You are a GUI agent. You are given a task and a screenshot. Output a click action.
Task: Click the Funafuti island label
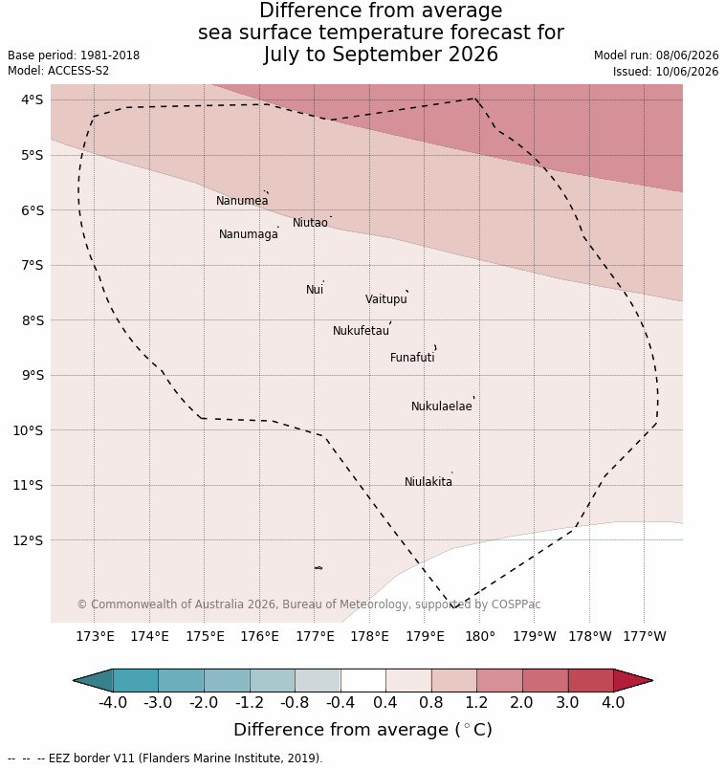coord(412,358)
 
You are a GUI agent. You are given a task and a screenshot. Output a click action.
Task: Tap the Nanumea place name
coord(242,201)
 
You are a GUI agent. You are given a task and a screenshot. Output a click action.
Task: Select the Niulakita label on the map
coord(428,482)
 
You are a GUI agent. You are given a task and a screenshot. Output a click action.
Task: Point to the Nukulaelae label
coord(442,406)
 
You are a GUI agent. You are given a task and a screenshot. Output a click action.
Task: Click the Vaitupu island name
coord(386,299)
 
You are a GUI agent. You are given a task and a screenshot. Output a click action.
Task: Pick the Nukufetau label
coord(361,331)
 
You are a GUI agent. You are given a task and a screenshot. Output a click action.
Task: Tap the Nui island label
coord(315,290)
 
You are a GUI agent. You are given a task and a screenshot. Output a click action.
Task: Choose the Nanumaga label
coord(249,234)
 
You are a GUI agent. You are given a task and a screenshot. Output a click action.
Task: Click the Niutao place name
coord(310,223)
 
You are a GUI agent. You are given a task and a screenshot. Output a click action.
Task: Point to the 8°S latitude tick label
coord(33,320)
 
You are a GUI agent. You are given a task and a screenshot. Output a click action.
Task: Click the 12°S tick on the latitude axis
coord(29,540)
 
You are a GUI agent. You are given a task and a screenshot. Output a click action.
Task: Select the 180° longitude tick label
coord(480,637)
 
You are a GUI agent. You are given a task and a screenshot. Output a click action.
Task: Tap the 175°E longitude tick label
coord(205,637)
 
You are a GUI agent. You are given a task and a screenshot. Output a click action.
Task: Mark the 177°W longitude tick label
coord(645,637)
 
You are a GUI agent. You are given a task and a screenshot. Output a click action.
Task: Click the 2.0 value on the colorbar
coord(521,703)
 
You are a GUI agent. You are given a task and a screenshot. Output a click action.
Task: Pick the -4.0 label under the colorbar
coord(113,703)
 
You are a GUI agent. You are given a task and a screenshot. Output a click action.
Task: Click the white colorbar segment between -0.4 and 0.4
coord(363,681)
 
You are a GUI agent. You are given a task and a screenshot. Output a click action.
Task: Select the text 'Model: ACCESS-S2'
coord(58,71)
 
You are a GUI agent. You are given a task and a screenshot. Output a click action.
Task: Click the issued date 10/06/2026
coord(687,72)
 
